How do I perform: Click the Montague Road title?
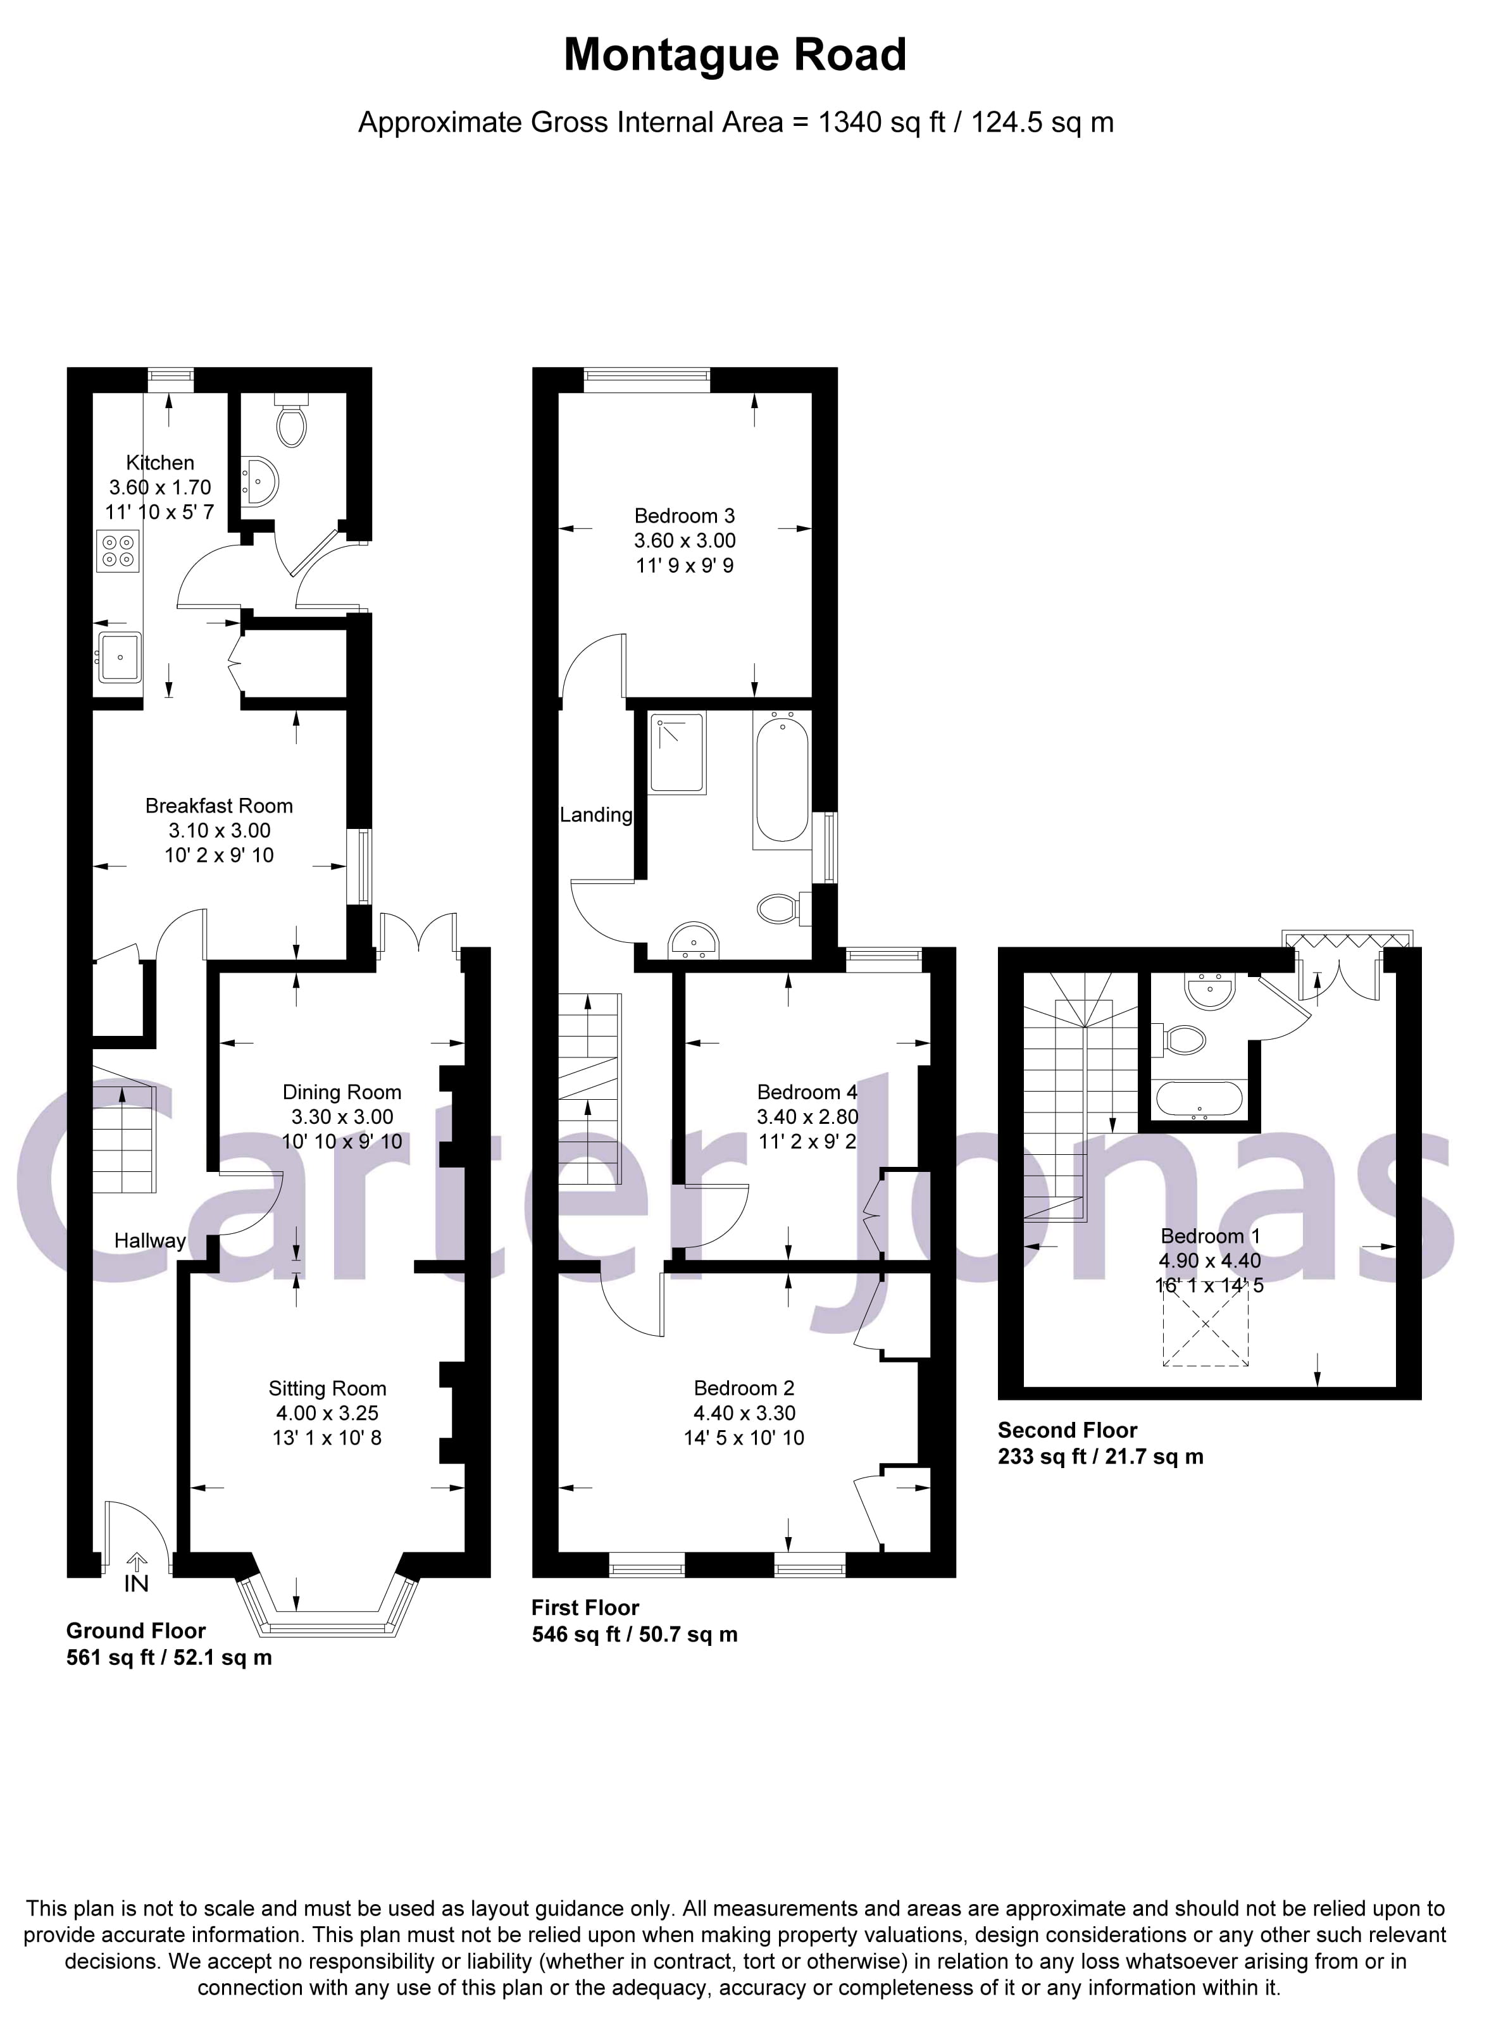pos(735,55)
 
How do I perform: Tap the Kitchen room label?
pos(161,463)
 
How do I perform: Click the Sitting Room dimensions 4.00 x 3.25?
pos(327,1413)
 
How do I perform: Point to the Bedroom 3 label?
pos(684,516)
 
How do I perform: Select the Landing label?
pos(595,815)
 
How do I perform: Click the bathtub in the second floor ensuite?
pos(1200,1100)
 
